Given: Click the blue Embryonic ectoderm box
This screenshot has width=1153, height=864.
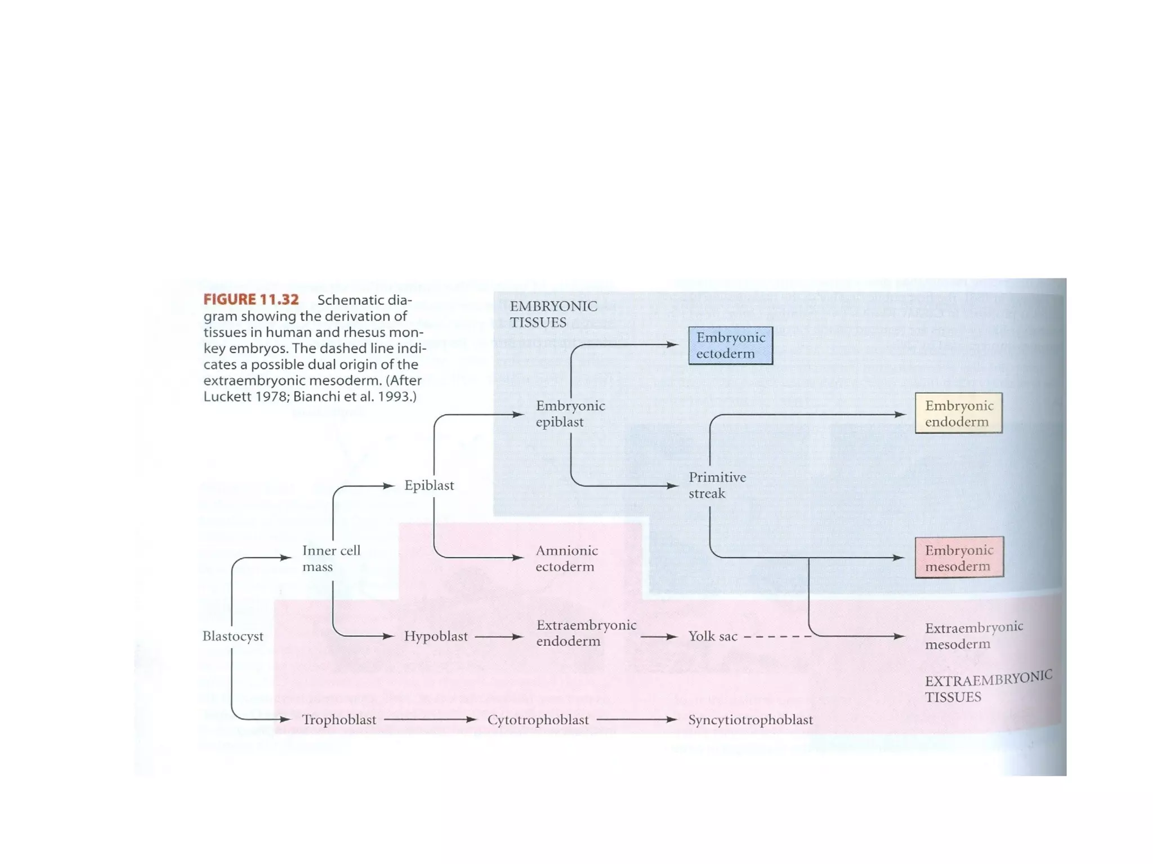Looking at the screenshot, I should (x=730, y=345).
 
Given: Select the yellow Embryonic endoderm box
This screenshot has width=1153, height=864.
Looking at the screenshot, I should (x=958, y=413).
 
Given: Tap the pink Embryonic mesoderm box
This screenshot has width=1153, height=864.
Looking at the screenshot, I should (x=959, y=558).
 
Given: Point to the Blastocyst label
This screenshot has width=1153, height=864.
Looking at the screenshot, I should (x=233, y=636).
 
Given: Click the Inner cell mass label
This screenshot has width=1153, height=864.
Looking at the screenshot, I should (x=331, y=558).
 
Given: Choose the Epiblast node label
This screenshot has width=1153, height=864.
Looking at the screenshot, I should (x=428, y=485).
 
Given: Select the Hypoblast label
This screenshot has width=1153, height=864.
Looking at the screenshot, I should (x=436, y=636).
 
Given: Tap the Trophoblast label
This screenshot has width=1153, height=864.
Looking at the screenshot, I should (x=339, y=719).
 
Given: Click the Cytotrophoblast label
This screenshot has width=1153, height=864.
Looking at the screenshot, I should (x=538, y=719).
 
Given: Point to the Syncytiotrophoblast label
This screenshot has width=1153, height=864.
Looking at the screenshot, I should (x=750, y=719).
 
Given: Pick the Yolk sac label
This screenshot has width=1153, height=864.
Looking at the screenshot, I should (x=712, y=636).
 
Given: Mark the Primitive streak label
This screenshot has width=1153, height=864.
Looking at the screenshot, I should (x=717, y=485).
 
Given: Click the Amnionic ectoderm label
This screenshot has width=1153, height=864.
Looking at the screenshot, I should (x=566, y=558).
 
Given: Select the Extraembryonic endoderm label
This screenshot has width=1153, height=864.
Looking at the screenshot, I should (x=586, y=633).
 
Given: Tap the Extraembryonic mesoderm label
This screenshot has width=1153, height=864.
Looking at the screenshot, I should (x=973, y=635).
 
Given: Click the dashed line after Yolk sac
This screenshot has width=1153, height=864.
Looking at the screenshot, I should (x=777, y=637).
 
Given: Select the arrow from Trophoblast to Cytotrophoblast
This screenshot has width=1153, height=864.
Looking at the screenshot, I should (x=430, y=719).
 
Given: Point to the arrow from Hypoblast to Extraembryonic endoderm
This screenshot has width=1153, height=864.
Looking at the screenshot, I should (x=499, y=637).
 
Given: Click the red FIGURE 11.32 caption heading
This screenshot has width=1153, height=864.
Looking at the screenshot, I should (x=251, y=300).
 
